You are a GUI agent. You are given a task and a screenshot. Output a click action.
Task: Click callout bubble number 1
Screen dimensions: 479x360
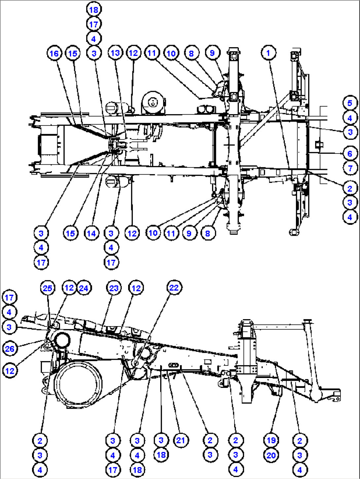pos(268,53)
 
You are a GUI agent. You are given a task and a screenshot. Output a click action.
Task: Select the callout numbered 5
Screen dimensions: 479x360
pos(350,103)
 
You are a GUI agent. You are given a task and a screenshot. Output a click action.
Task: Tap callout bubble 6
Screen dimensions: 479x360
pos(350,154)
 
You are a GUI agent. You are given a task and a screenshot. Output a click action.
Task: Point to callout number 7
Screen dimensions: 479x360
pos(350,168)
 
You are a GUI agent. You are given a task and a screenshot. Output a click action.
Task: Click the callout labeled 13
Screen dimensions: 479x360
pos(115,53)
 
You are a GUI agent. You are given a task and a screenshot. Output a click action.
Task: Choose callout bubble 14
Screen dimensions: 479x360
pos(91,233)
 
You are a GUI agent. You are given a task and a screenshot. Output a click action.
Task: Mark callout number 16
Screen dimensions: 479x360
pos(54,53)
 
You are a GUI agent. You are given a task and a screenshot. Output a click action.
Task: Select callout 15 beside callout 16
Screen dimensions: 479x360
pos(73,53)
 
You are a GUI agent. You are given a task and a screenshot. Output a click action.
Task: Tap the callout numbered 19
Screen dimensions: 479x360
pos(271,440)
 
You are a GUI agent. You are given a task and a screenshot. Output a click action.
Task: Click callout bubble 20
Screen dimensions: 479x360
pos(271,455)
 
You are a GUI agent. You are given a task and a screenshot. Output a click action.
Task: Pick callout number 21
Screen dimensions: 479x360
pos(181,440)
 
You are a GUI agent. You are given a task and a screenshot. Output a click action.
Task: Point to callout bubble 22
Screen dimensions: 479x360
pos(174,288)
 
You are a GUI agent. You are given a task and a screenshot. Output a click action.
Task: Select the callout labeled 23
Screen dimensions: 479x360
pos(114,288)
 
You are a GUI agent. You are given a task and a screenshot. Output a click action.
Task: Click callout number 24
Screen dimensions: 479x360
pos(84,288)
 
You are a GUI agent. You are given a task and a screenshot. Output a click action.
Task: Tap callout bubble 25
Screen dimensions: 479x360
pos(48,288)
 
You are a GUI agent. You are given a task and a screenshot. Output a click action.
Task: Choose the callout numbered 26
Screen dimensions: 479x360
pos(10,349)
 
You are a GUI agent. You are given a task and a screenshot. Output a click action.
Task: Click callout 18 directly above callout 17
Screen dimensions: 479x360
pos(94,10)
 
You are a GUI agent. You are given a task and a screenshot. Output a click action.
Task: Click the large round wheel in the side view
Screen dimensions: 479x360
pos(78,385)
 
